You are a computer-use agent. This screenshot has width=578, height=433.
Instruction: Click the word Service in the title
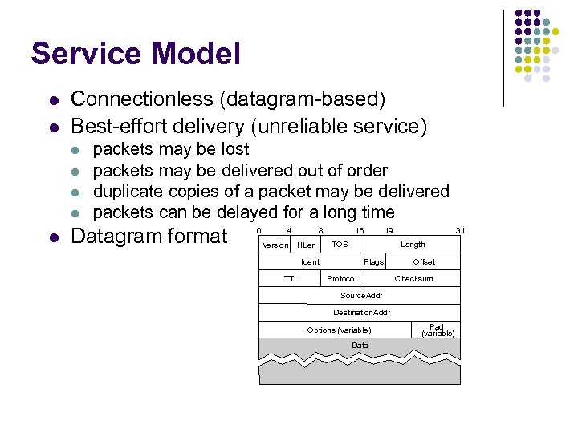[x=84, y=54]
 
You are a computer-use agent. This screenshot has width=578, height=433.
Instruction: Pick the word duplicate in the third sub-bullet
[x=128, y=192]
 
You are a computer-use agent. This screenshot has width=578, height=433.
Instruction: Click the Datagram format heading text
[x=149, y=237]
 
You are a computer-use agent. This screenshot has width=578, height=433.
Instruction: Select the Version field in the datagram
[x=275, y=245]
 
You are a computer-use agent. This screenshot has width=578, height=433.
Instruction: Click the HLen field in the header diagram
[x=307, y=245]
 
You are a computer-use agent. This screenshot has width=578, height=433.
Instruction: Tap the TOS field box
[x=340, y=244]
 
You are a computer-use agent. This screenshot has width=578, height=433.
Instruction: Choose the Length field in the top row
[x=413, y=244]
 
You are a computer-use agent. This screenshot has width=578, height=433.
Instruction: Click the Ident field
[x=310, y=262]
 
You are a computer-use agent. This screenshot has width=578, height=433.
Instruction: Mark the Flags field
[x=373, y=262]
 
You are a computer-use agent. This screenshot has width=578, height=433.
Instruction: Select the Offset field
[x=424, y=262]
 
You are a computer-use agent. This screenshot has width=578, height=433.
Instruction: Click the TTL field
[x=291, y=279]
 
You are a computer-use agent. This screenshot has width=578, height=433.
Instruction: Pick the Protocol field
[x=342, y=279]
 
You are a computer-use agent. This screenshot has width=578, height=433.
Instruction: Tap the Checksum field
[x=413, y=279]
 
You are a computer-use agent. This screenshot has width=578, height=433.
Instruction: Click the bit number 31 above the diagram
[x=460, y=230]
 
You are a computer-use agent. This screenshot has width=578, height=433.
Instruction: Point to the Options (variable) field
[x=339, y=330]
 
